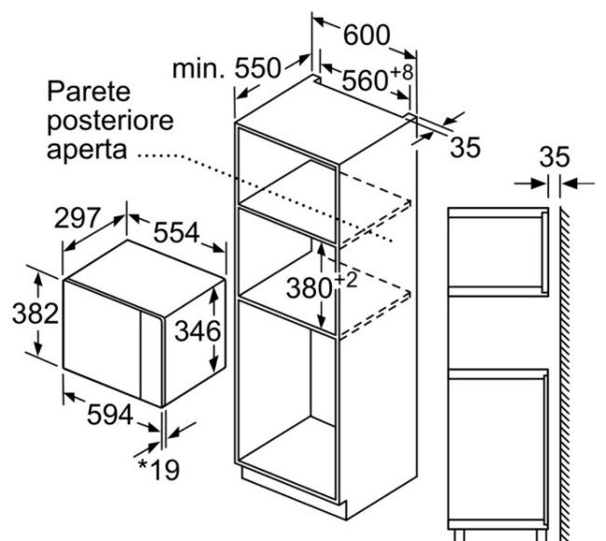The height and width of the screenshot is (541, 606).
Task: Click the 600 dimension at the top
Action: coord(366,35)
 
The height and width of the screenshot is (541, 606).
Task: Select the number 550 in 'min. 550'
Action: coord(257,68)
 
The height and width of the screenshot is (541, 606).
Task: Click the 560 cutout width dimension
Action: coord(365,80)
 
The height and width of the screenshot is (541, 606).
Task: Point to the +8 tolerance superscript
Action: coord(402,73)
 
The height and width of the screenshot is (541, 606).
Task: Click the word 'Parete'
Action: coord(89,91)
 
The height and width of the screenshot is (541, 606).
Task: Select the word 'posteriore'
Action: coord(110,121)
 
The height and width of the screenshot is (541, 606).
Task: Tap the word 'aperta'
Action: coord(87,150)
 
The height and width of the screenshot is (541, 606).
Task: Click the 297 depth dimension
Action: coord(77,217)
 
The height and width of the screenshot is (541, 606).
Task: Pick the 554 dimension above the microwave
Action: coord(176,232)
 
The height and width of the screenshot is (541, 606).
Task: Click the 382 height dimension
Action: coord(35,313)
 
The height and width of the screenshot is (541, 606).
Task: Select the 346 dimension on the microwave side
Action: coord(198,331)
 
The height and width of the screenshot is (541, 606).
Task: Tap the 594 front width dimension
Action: coord(110,415)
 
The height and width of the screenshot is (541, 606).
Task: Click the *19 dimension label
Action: coord(158,469)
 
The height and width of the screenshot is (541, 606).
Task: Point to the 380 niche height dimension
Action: coord(310,288)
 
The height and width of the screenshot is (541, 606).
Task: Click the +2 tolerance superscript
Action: coord(346,282)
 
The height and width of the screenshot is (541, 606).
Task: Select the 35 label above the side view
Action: coord(555,157)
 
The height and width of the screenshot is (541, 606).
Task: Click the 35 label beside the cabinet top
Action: coord(465,147)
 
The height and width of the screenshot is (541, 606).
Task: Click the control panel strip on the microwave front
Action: coord(151,357)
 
